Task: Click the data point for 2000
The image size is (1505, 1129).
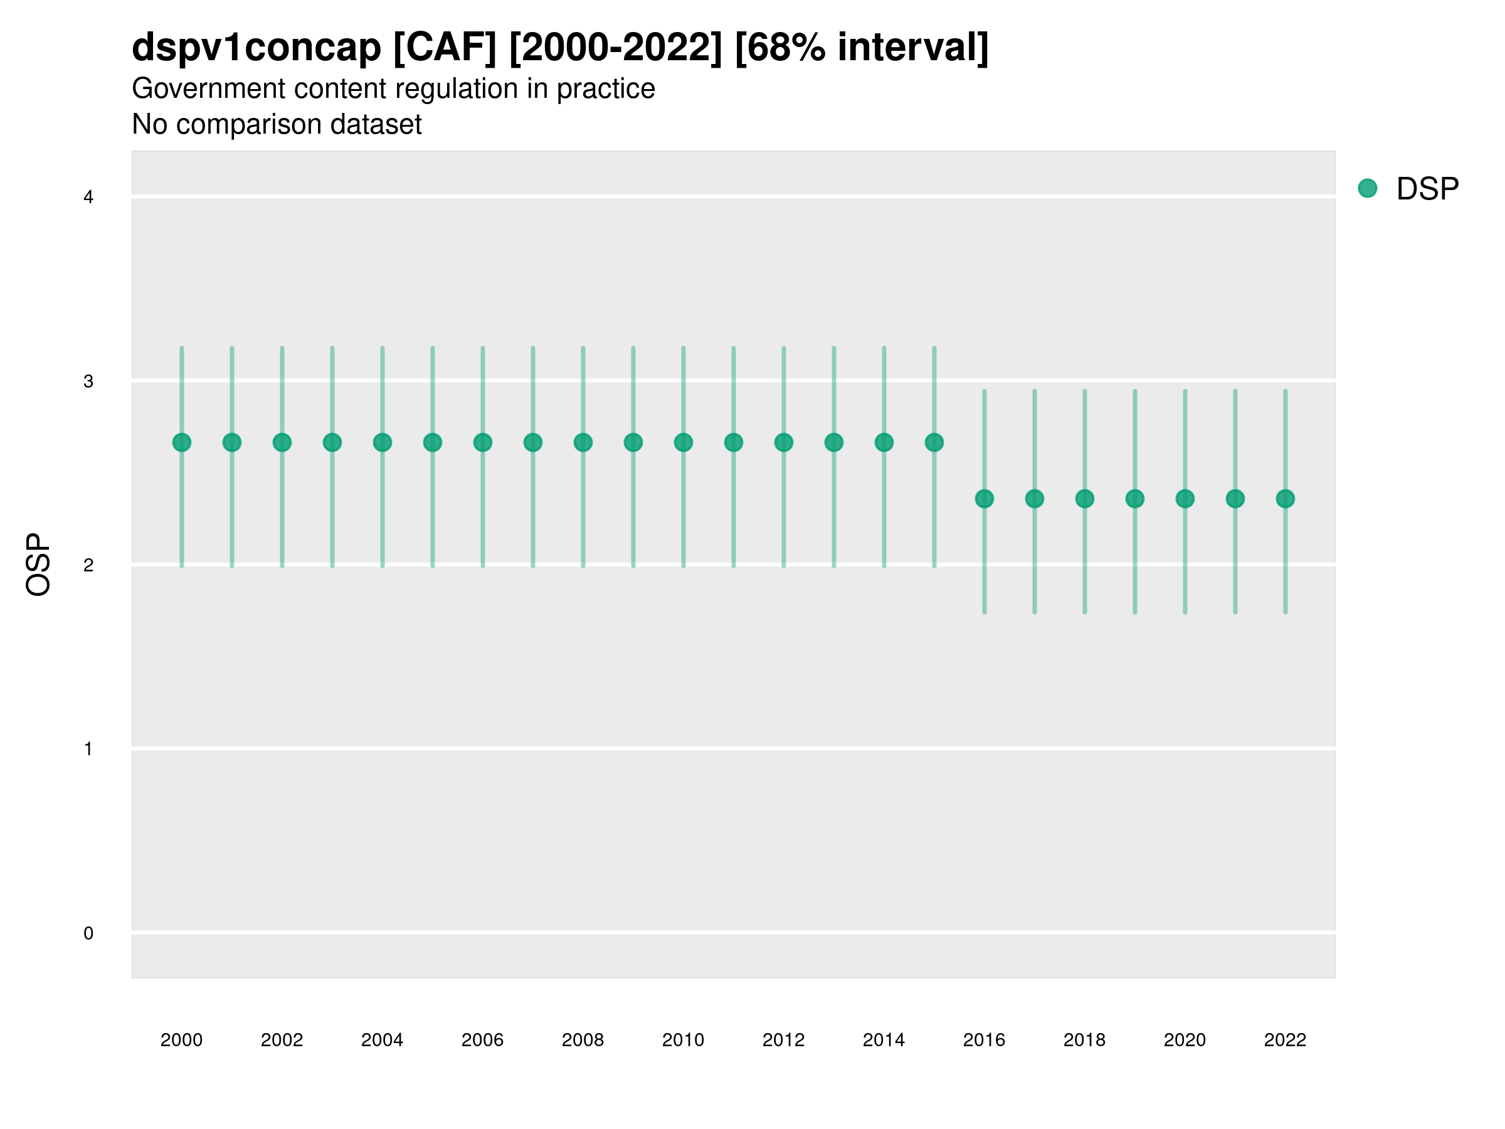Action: (182, 442)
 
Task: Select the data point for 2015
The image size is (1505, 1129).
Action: (934, 442)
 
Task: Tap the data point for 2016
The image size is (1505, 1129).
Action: (985, 499)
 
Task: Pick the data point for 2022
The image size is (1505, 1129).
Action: (1286, 499)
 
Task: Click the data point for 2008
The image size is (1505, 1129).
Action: (583, 442)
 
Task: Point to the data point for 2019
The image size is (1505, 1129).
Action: (1135, 499)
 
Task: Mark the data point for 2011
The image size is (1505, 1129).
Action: (734, 442)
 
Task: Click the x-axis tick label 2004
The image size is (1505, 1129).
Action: (383, 1040)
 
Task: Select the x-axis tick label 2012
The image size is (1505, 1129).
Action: (784, 1040)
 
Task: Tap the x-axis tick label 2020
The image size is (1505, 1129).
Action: (1185, 1040)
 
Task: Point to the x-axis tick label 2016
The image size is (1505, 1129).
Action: (985, 1040)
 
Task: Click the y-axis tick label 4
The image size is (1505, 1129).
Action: (88, 198)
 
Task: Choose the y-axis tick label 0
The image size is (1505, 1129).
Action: (88, 934)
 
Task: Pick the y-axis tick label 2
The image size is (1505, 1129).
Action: (88, 566)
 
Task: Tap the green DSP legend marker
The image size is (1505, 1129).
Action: (1368, 189)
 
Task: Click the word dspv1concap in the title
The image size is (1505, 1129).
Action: (256, 48)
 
